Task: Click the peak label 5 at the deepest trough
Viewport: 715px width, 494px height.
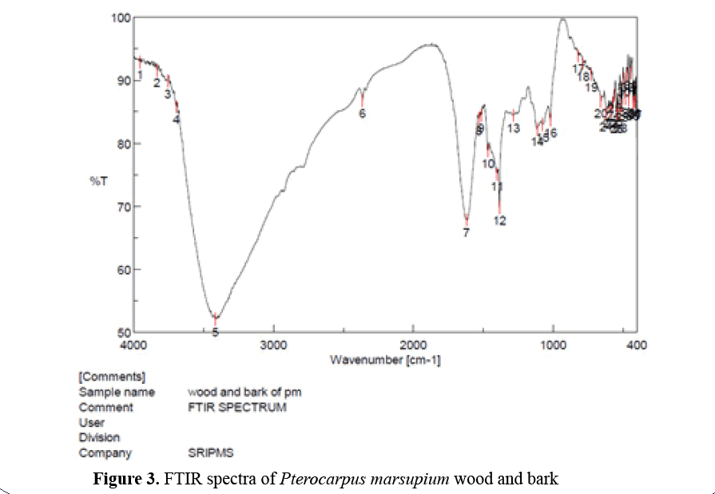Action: [215, 331]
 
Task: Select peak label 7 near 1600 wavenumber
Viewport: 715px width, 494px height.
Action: [466, 232]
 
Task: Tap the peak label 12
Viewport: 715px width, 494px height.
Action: [500, 220]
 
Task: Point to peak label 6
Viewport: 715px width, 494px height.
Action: [362, 114]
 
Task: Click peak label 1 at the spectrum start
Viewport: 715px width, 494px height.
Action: [140, 74]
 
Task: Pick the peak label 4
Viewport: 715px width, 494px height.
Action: [177, 119]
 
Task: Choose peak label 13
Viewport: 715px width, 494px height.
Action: [514, 128]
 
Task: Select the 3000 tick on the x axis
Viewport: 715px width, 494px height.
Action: [273, 346]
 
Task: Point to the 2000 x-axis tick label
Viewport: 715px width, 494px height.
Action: [413, 346]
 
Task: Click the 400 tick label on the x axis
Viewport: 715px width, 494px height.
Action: [637, 346]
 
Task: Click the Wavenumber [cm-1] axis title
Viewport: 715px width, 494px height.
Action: [385, 360]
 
